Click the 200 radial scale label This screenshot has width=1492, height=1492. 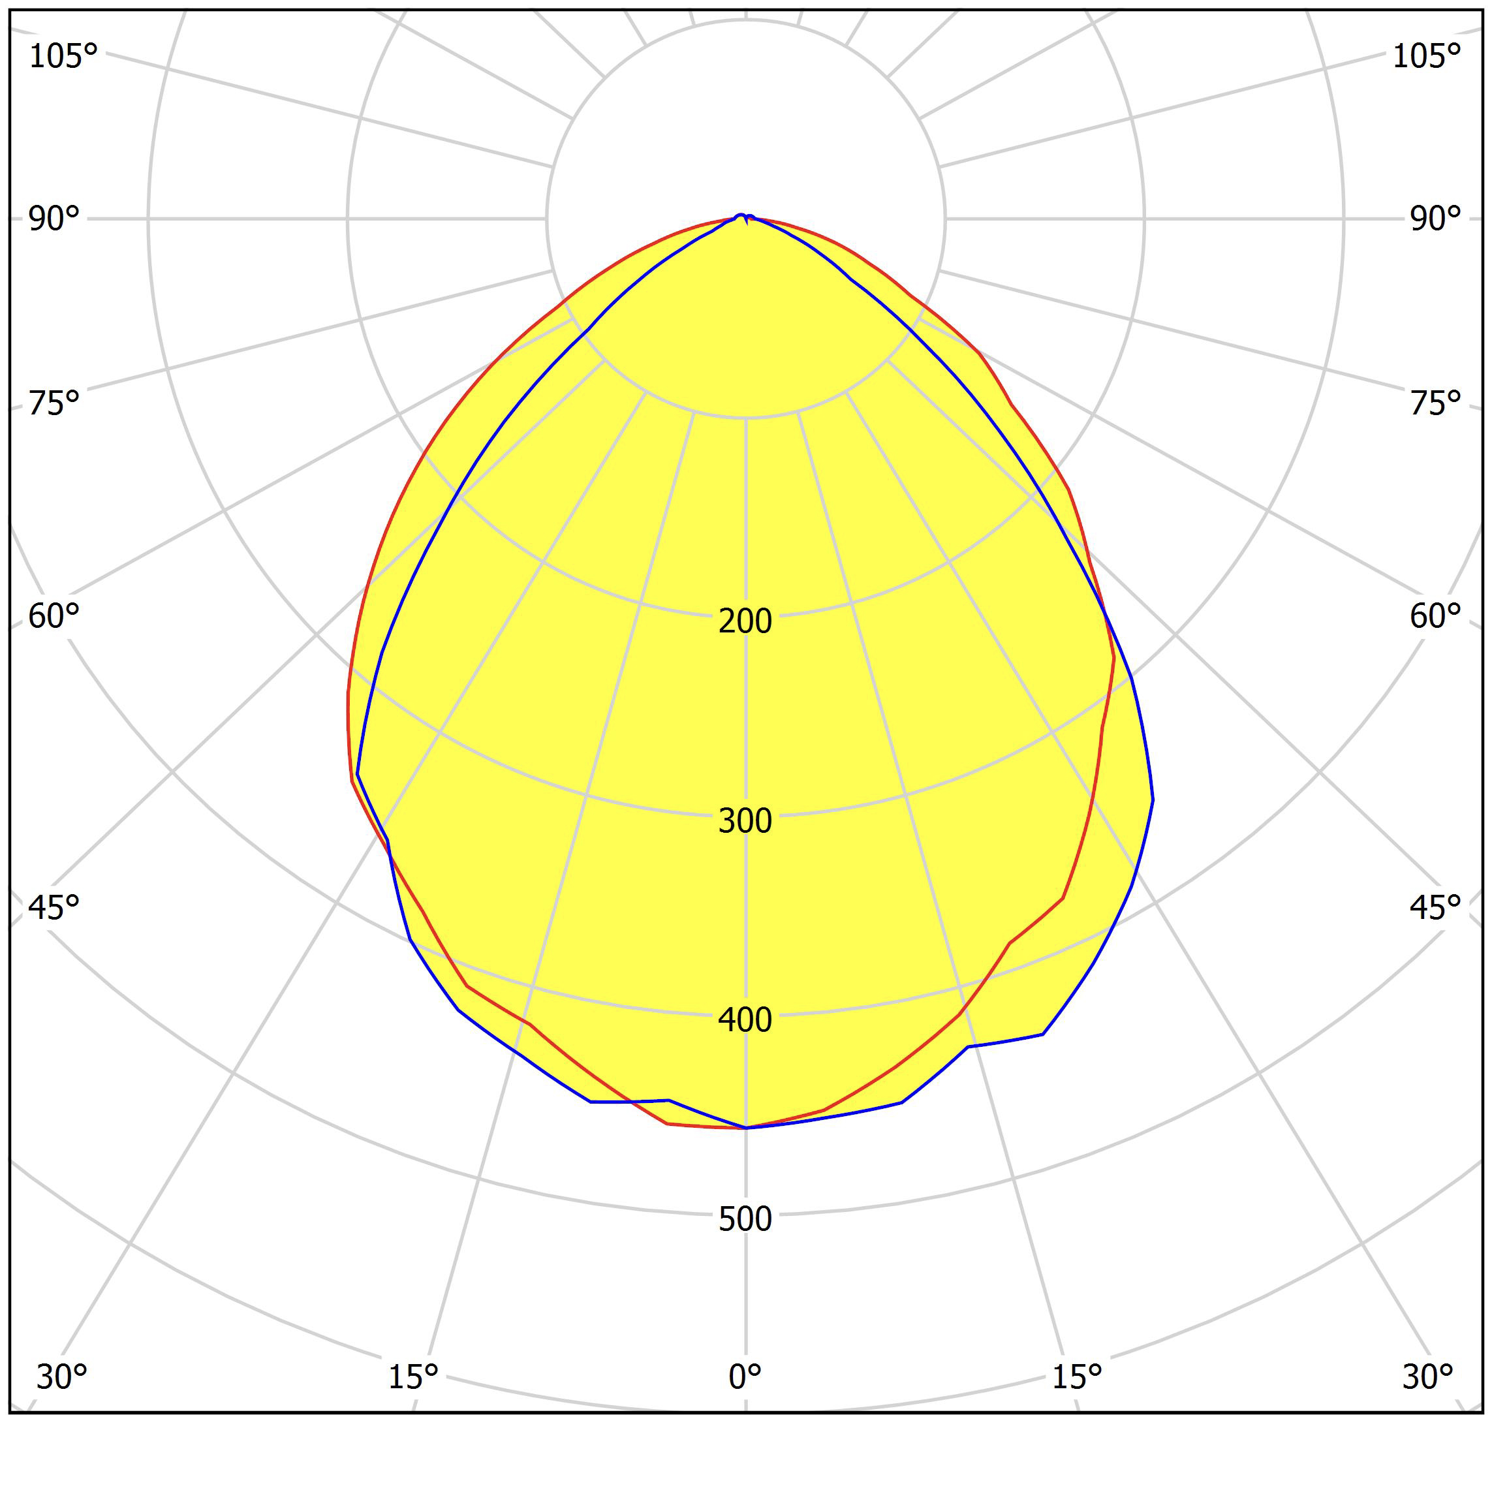(x=745, y=621)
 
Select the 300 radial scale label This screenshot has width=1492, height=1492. (x=745, y=821)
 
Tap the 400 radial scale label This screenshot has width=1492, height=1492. (x=745, y=1020)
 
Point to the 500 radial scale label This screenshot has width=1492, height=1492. (x=745, y=1219)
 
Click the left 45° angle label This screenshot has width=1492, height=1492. (x=54, y=907)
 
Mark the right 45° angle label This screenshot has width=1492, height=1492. (x=1435, y=907)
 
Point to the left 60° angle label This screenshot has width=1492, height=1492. (x=54, y=616)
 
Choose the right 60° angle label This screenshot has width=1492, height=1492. (x=1435, y=616)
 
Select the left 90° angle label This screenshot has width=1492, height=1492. (x=54, y=219)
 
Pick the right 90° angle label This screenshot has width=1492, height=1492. (x=1435, y=219)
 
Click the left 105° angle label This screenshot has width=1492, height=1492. (x=63, y=56)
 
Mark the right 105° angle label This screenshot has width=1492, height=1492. (x=1425, y=56)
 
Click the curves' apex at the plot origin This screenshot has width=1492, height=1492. (x=745, y=218)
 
